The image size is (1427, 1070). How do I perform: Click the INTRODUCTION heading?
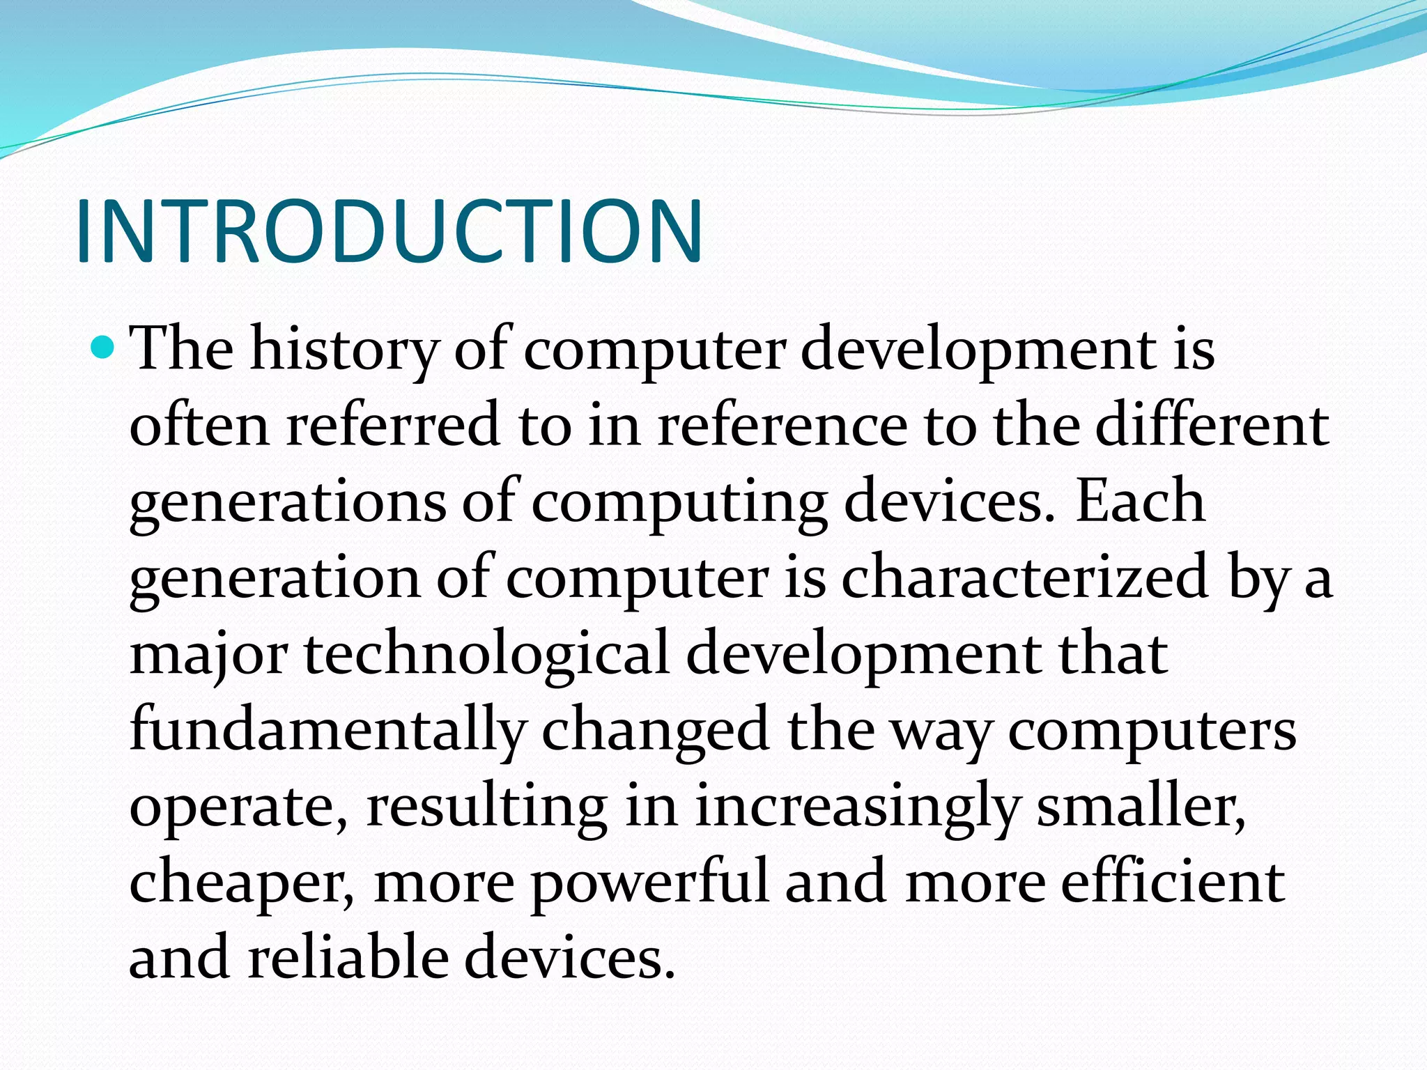389,231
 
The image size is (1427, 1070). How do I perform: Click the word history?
344,348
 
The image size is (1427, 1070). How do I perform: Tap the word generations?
287,503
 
